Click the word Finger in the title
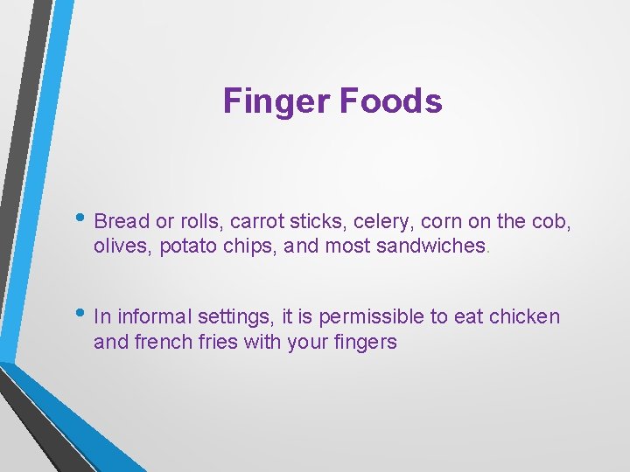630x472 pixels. (275, 101)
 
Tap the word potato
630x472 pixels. (187, 246)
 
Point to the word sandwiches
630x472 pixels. (430, 246)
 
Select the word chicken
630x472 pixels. (524, 316)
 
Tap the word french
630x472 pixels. (164, 342)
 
